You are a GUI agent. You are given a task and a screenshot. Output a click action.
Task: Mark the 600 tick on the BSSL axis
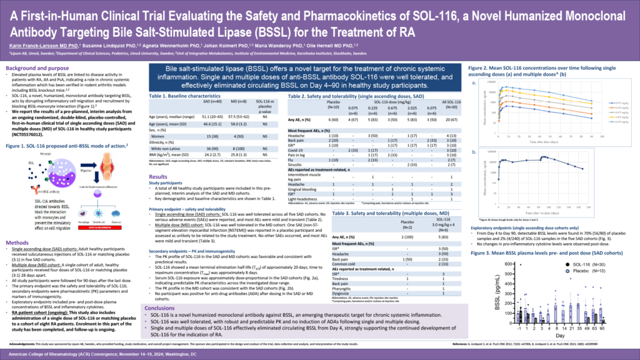(507, 246)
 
